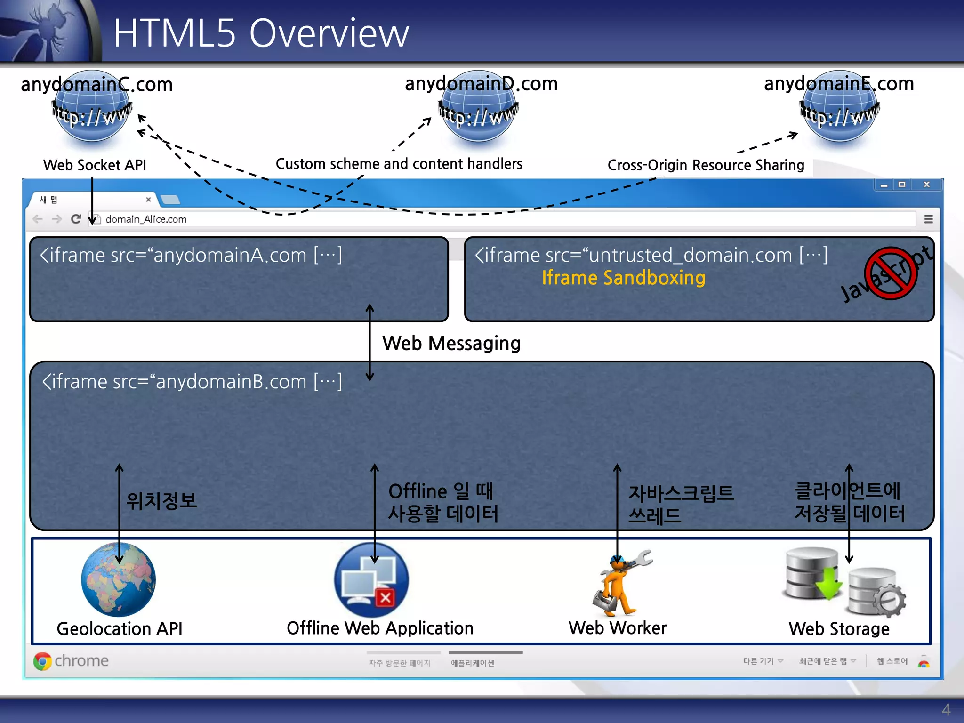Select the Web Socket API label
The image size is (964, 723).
(95, 165)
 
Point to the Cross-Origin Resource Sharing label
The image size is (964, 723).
(706, 165)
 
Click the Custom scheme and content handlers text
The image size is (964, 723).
(399, 164)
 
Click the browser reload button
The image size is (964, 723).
(76, 219)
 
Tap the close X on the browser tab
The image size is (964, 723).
(148, 200)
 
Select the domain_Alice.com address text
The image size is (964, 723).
(146, 219)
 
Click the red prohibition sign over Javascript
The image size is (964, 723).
(890, 273)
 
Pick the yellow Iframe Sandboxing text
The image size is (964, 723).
(623, 278)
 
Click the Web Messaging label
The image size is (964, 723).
(451, 343)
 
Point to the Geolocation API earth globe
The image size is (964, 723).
(118, 579)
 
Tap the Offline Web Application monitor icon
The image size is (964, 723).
(371, 580)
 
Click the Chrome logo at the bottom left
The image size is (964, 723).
(42, 661)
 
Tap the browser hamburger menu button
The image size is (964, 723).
(928, 219)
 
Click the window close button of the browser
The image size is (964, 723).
(926, 185)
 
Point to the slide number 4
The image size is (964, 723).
(946, 709)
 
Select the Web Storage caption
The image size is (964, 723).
(839, 629)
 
